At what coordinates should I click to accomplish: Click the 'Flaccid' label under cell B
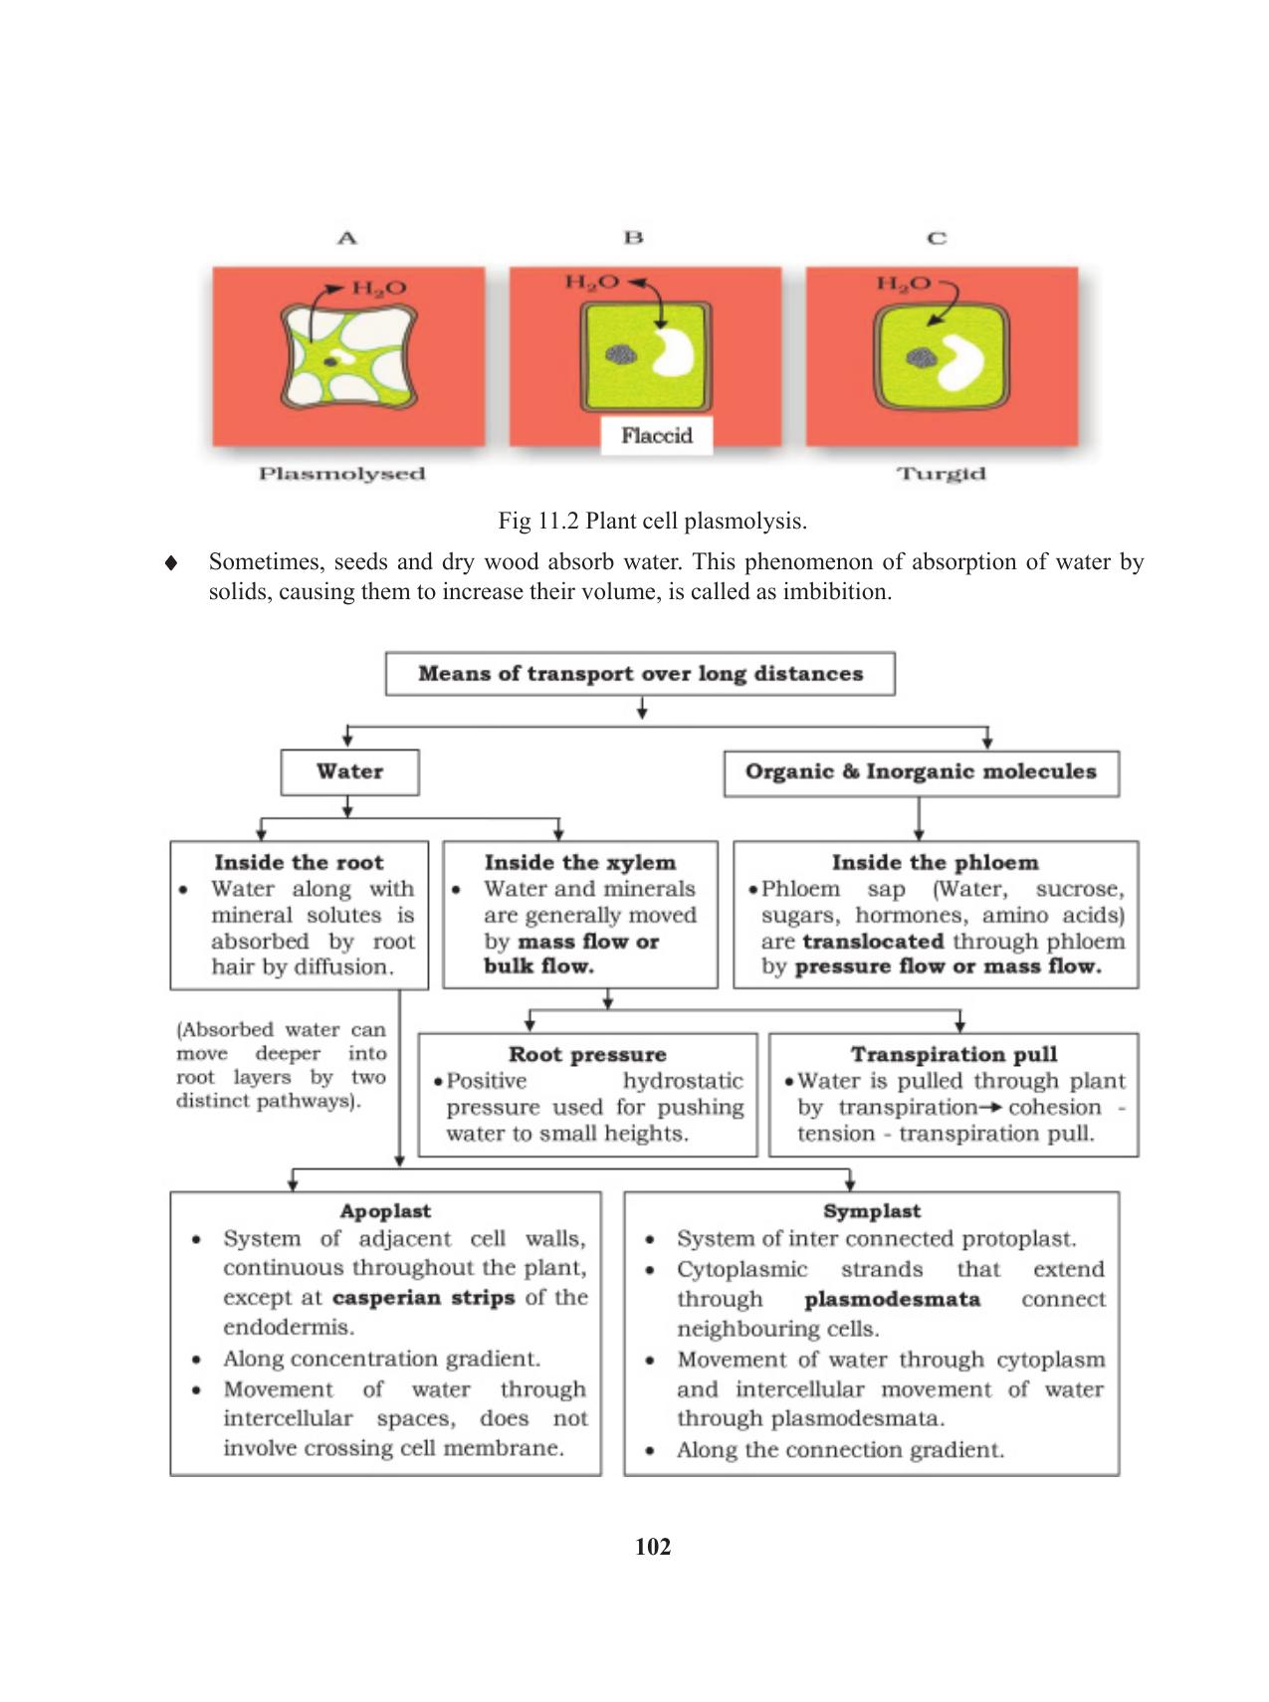pyautogui.click(x=656, y=436)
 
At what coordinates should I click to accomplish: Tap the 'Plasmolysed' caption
pyautogui.click(x=341, y=474)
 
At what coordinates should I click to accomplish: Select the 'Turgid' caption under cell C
pyautogui.click(x=942, y=474)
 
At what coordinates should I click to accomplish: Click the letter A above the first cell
pyautogui.click(x=347, y=238)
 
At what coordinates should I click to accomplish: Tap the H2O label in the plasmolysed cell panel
pyautogui.click(x=379, y=289)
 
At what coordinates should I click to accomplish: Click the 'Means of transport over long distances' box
pyautogui.click(x=640, y=674)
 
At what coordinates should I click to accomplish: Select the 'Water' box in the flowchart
pyautogui.click(x=349, y=771)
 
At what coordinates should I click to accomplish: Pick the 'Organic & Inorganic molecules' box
pyautogui.click(x=921, y=772)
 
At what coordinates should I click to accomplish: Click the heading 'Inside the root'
pyautogui.click(x=299, y=862)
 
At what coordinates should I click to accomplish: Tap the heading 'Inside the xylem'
pyautogui.click(x=579, y=862)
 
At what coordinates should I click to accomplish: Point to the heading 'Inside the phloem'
pyautogui.click(x=935, y=862)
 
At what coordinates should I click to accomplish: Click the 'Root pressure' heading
pyautogui.click(x=587, y=1054)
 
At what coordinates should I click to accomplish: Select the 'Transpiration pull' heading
pyautogui.click(x=953, y=1054)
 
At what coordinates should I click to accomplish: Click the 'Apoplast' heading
pyautogui.click(x=385, y=1211)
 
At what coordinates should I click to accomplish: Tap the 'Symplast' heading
pyautogui.click(x=872, y=1211)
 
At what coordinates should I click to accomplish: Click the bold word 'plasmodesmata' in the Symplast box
pyautogui.click(x=892, y=1299)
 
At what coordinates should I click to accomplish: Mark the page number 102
pyautogui.click(x=653, y=1547)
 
